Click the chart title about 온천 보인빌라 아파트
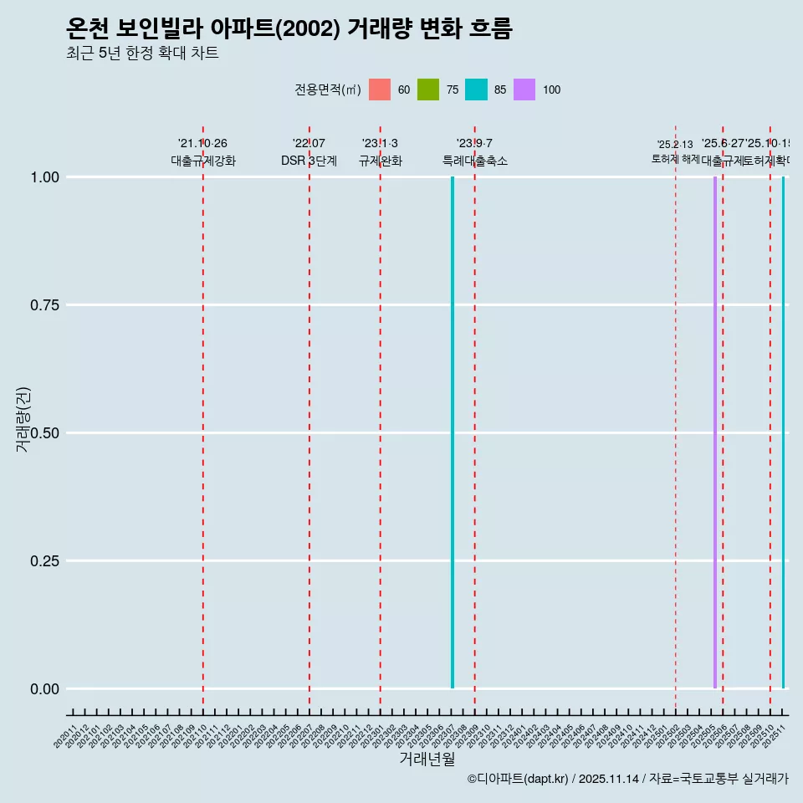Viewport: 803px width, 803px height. (x=289, y=28)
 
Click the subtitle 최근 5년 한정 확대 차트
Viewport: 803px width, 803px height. (x=142, y=54)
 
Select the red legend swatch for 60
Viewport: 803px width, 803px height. (x=380, y=90)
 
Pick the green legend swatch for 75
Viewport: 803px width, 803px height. (x=428, y=90)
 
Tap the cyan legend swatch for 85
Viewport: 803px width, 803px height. (x=476, y=90)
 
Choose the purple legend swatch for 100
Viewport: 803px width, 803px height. (x=524, y=90)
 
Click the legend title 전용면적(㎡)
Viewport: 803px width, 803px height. (x=328, y=90)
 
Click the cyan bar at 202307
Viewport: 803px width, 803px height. (x=453, y=432)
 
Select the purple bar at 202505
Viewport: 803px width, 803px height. (x=715, y=432)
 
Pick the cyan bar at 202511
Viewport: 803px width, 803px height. (x=784, y=432)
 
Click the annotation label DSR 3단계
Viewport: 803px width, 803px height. (x=309, y=161)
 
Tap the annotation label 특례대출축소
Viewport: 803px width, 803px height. (x=475, y=161)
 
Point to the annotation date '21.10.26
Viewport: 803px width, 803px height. (x=202, y=144)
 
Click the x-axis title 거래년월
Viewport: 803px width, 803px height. (x=427, y=760)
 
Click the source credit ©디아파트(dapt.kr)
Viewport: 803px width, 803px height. (x=518, y=779)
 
